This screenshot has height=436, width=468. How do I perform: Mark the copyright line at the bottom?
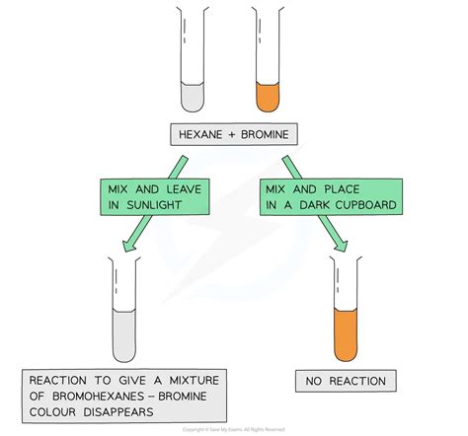click(234, 430)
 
